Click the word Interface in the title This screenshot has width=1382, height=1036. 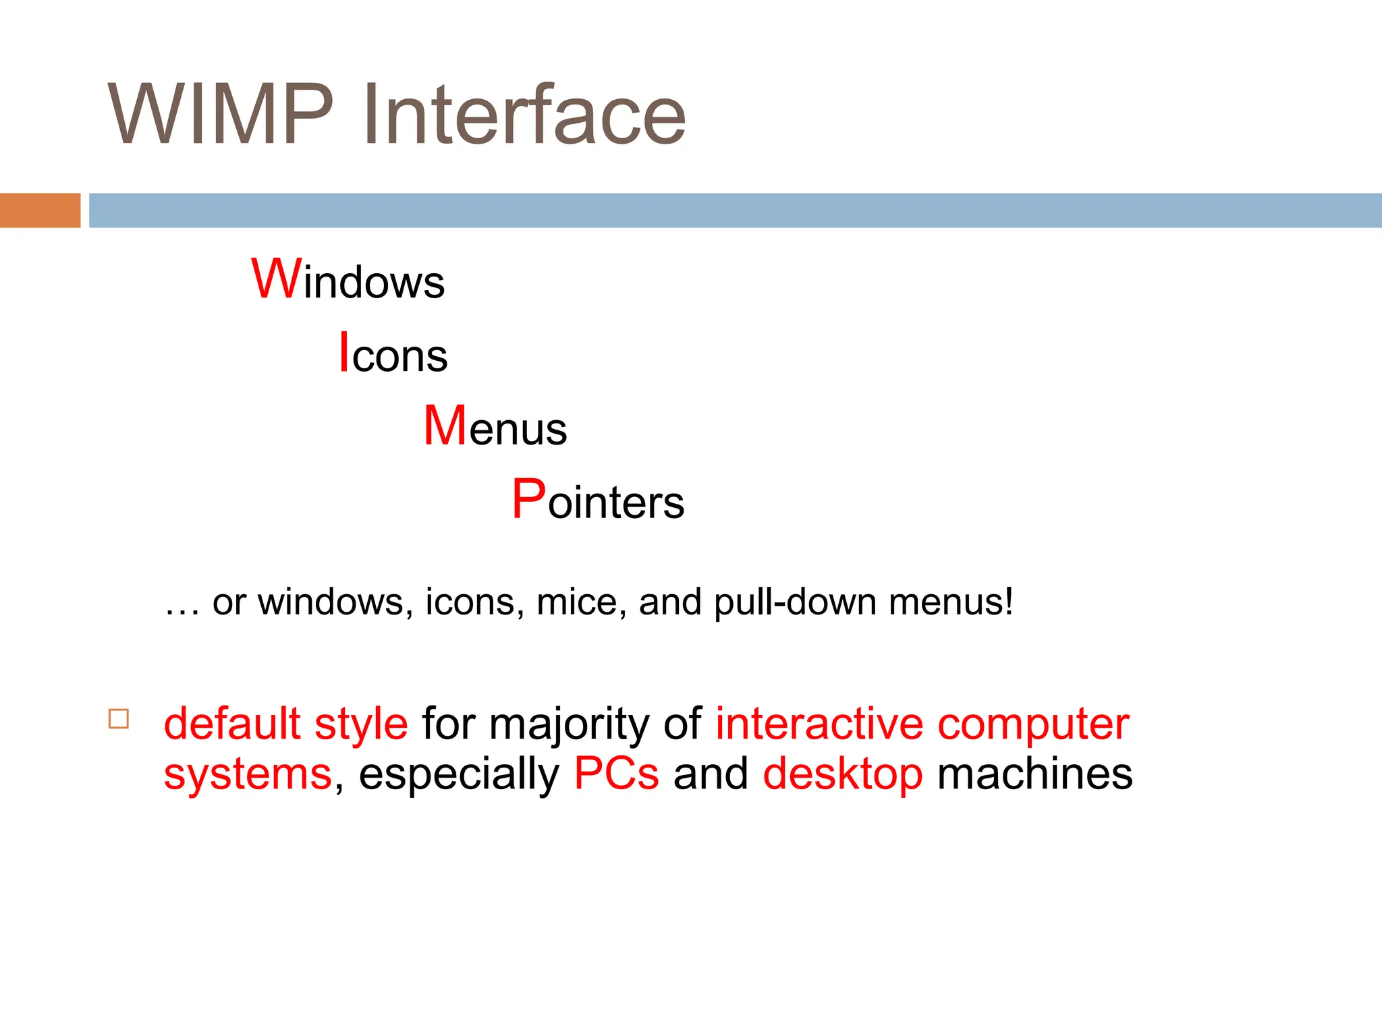click(524, 115)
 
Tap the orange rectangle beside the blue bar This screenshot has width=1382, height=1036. click(40, 210)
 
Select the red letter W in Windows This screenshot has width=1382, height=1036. click(276, 279)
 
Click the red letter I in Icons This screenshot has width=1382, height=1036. click(344, 353)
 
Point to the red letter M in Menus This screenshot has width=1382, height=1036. click(445, 426)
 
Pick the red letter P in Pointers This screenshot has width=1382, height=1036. click(528, 500)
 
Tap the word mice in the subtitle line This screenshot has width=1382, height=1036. click(577, 602)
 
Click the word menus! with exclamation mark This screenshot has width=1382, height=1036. click(951, 602)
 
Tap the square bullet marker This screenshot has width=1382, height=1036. click(119, 718)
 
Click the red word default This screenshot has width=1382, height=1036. click(231, 724)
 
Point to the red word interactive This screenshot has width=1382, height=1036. click(819, 724)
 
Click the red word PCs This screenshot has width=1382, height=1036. click(616, 774)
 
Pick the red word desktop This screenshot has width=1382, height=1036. click(843, 775)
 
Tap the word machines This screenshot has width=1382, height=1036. click(1035, 774)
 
